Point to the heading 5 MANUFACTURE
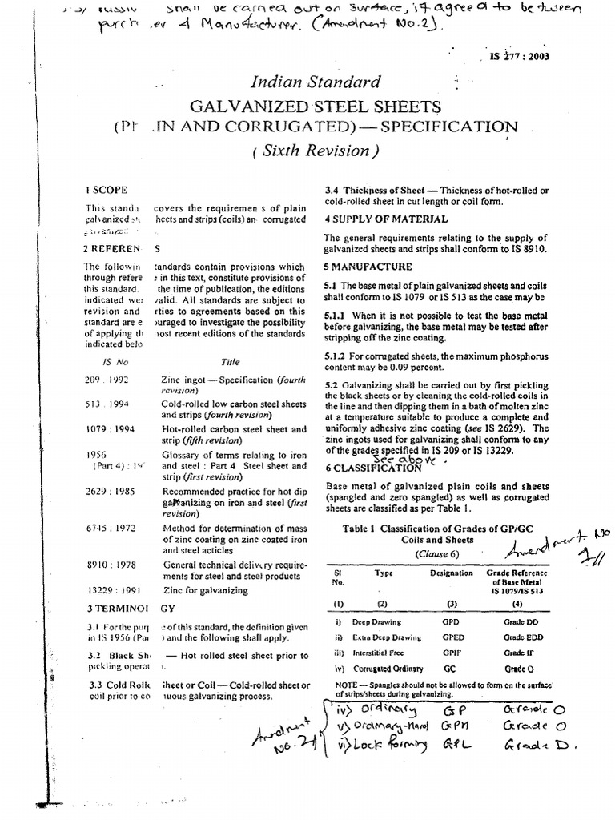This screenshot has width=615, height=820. point(368,266)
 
